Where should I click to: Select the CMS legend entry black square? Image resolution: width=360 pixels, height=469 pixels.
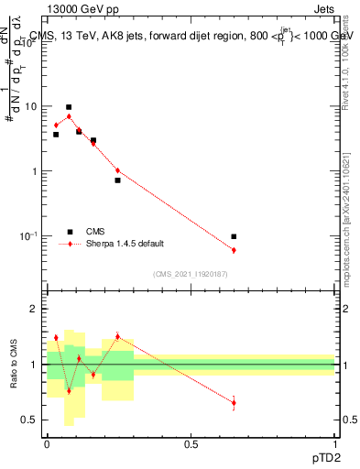[x=69, y=232]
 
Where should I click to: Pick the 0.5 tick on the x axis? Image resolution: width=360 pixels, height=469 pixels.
[x=191, y=444]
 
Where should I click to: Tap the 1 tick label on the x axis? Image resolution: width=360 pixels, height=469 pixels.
[x=335, y=444]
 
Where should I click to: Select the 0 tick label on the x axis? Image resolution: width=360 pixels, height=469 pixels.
[x=47, y=444]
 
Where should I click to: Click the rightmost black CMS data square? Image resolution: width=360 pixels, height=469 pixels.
[x=234, y=236]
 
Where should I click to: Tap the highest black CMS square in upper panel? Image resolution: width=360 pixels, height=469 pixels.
[x=69, y=107]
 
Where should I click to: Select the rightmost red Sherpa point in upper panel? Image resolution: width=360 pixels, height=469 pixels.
[x=234, y=250]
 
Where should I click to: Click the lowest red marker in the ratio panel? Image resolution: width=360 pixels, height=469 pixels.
[x=234, y=402]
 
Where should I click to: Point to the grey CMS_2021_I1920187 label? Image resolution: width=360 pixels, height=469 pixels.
[x=190, y=273]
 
